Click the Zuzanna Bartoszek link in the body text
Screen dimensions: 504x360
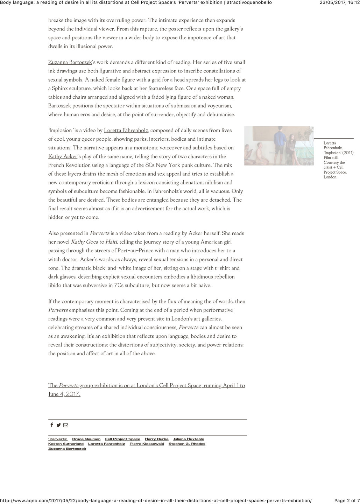(70, 62)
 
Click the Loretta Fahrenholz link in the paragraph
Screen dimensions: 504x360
(126, 131)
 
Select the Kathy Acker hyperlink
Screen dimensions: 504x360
(63, 156)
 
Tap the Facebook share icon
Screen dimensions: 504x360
(52, 425)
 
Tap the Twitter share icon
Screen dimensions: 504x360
(58, 425)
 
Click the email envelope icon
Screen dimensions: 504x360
(65, 425)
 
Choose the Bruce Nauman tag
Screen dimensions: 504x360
(86, 439)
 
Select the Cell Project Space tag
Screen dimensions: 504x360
(122, 439)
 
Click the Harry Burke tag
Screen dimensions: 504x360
(156, 439)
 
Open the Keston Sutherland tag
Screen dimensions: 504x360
(66, 444)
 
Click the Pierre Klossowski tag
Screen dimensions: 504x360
(147, 444)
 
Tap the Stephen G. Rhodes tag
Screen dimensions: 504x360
(187, 444)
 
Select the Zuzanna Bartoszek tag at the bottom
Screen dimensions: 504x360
(67, 449)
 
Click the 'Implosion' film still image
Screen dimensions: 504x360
(279, 146)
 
